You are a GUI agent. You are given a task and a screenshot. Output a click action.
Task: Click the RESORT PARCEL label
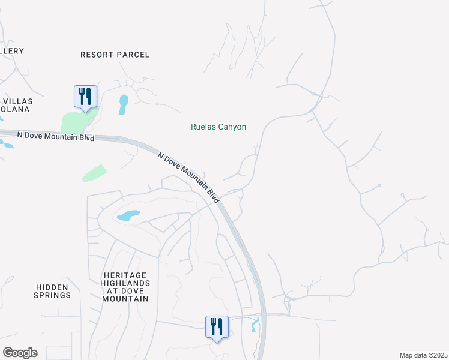tap(115, 55)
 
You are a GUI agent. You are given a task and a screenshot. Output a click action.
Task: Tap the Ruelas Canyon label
tap(218, 127)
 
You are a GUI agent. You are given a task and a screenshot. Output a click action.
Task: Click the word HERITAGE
tap(125, 274)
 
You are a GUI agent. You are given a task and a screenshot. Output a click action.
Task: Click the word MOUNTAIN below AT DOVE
tap(125, 299)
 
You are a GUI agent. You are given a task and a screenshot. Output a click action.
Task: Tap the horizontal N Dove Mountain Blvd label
tap(56, 136)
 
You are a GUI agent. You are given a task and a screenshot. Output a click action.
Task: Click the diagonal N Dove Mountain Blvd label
tap(188, 177)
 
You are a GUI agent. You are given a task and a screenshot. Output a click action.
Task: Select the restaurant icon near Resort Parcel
tap(85, 97)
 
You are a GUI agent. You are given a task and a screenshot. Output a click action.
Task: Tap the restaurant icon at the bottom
tap(217, 327)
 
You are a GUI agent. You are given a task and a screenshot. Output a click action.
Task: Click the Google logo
tap(20, 353)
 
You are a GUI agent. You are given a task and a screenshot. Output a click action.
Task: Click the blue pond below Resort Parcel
tap(123, 104)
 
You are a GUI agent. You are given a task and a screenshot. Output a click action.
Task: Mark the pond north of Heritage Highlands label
tap(128, 215)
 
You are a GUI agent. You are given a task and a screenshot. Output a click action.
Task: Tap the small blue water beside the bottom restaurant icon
tap(255, 325)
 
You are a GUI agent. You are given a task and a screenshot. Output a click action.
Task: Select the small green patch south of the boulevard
tap(94, 173)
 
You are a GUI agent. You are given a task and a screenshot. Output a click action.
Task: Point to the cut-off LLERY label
tap(11, 51)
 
